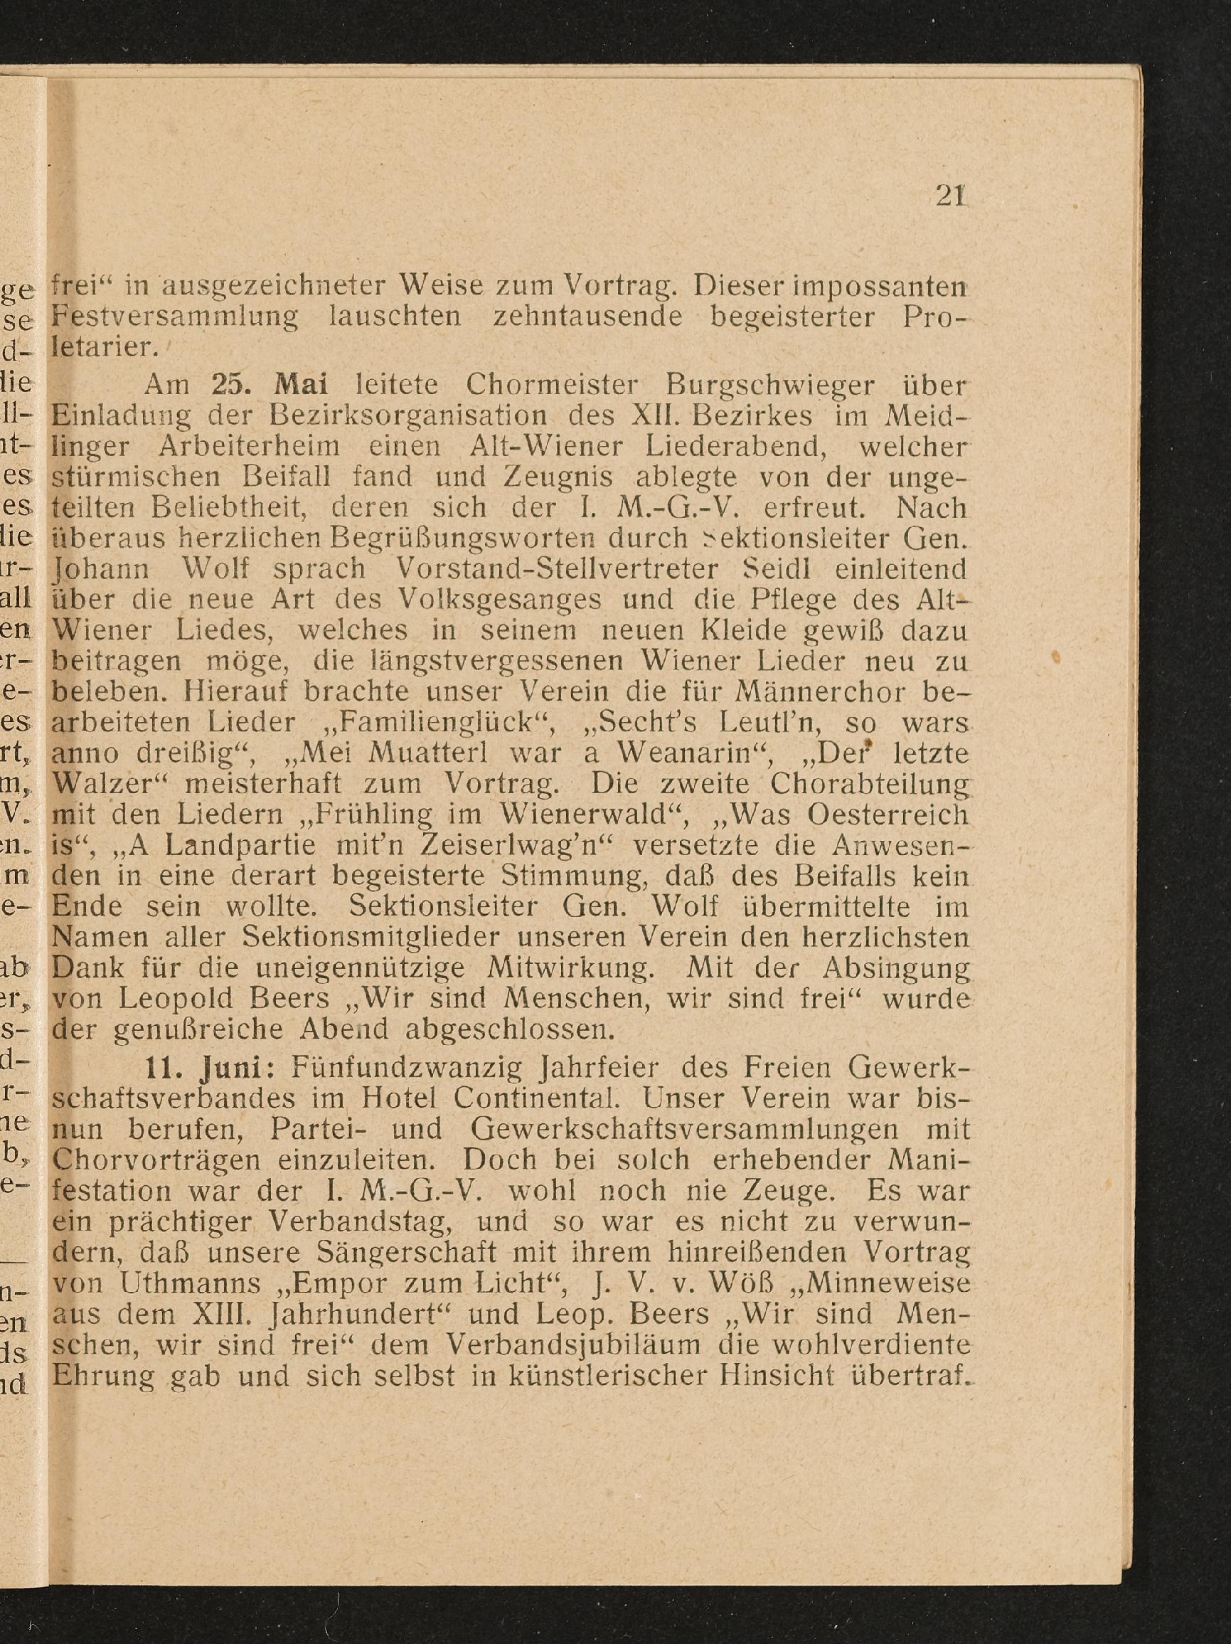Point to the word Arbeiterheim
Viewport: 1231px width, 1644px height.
tap(249, 447)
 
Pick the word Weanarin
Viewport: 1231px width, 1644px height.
tap(696, 753)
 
